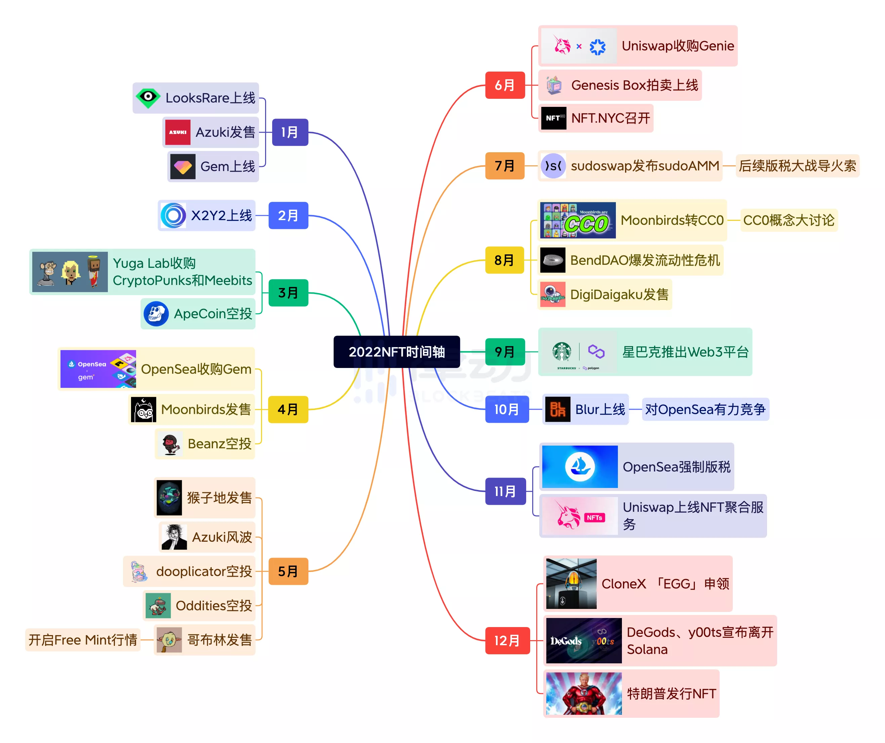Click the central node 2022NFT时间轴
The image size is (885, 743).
(396, 352)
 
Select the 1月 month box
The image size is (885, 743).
(290, 132)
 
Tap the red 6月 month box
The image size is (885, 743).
(504, 85)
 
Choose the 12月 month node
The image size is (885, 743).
(507, 641)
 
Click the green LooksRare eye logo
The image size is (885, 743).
(148, 98)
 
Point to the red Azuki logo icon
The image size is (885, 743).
(177, 132)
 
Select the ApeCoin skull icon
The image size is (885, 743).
(156, 314)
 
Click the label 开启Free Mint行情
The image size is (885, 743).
(83, 640)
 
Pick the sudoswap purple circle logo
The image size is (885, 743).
(553, 166)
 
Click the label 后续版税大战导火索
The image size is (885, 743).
(797, 166)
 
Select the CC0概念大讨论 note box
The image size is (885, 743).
(788, 220)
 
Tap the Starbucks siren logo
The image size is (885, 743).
(562, 352)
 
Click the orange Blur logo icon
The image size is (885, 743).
(557, 409)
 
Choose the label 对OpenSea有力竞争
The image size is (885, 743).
(705, 409)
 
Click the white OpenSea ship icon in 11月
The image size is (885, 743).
(580, 466)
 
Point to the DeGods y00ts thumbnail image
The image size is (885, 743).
(584, 641)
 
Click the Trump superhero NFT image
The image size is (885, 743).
(584, 693)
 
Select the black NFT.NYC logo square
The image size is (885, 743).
(553, 118)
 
